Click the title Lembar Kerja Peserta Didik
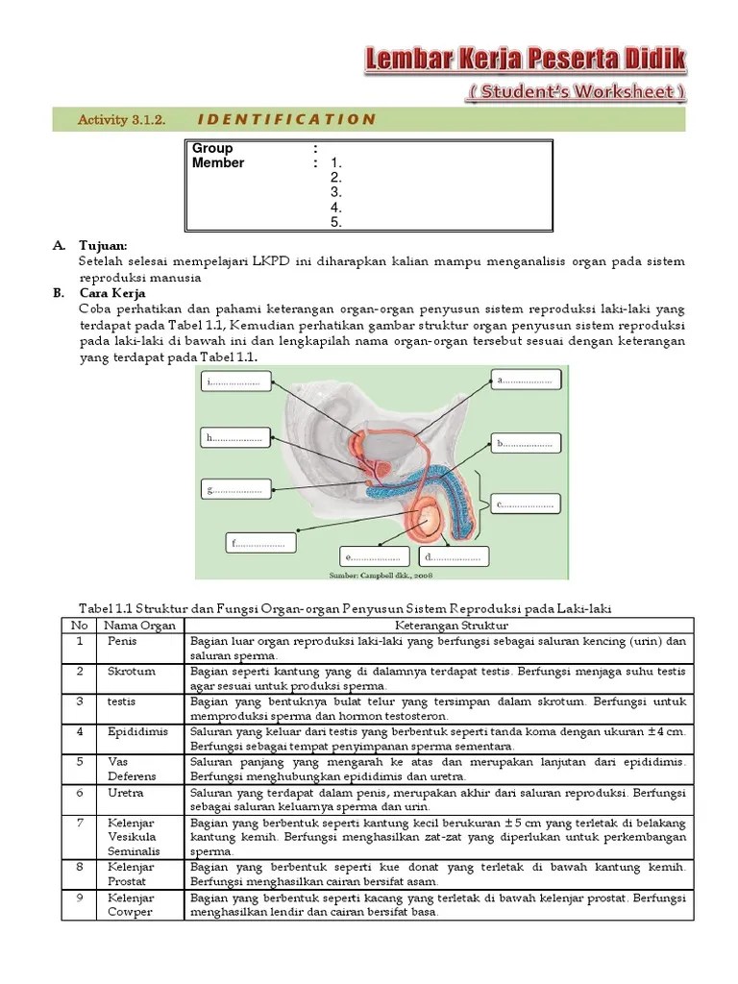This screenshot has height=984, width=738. point(526,61)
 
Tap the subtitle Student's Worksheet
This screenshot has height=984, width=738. point(578,92)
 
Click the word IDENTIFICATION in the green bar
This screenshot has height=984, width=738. point(285,119)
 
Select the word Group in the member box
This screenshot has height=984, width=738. point(212,148)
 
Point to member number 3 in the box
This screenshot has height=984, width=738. point(336,192)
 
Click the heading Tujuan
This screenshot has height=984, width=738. point(103,246)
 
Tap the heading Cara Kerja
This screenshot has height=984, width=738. point(111,293)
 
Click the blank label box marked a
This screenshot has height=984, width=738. point(526,381)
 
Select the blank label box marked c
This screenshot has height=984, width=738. point(526,504)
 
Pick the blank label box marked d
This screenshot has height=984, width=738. point(454,557)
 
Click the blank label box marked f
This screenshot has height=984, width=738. point(260,544)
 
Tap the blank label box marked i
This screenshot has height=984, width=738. point(234,382)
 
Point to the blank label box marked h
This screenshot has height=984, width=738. point(234,438)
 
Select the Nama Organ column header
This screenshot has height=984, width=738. point(140,626)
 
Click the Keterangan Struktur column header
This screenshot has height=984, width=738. point(437,626)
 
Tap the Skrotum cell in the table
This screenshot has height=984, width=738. point(132,671)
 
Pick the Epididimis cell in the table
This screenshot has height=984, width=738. point(138,731)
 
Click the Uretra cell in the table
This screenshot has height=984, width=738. point(124,793)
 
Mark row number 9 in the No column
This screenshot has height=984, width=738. point(79,898)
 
